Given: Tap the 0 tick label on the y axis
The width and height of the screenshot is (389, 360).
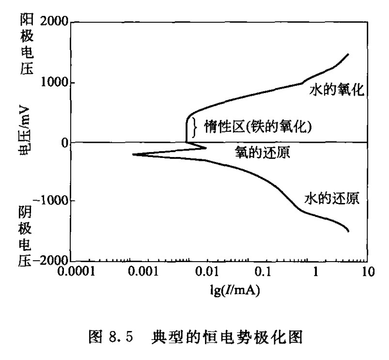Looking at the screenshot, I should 63,142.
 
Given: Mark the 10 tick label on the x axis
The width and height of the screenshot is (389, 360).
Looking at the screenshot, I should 368,272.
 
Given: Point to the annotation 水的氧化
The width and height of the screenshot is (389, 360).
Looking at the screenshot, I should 336,90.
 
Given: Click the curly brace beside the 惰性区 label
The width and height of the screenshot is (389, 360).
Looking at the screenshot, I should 194,127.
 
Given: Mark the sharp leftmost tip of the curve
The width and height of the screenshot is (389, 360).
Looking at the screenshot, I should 133,155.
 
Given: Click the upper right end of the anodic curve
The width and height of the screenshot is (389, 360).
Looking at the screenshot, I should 348,54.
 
